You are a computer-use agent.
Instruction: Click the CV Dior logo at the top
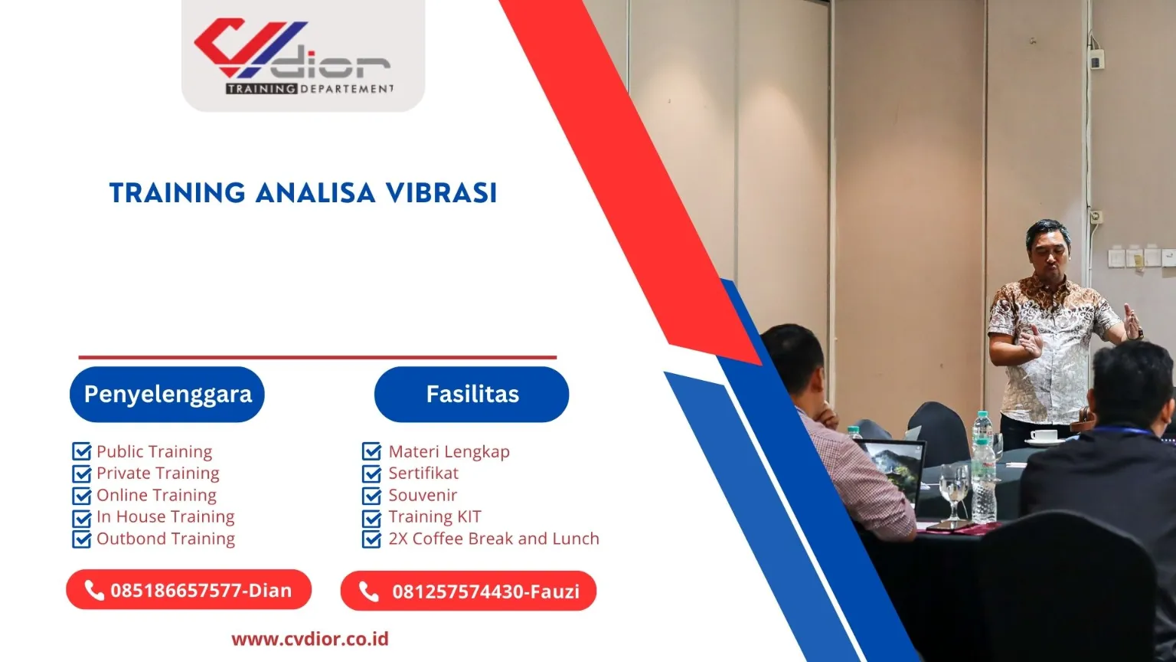[x=302, y=55]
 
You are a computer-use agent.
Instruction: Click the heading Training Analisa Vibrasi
[x=303, y=192]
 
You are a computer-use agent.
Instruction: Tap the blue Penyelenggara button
[x=167, y=395]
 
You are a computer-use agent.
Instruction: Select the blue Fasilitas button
[x=472, y=395]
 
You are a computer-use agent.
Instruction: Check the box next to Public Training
[x=81, y=451]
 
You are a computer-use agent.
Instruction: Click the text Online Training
[x=156, y=495]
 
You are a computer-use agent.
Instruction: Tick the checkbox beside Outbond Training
[x=81, y=539]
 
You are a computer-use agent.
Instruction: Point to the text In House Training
[x=165, y=517]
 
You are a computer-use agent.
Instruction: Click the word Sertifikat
[x=423, y=474]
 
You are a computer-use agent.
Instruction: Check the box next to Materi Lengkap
[x=371, y=451]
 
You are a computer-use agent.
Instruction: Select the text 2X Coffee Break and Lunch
[x=493, y=539]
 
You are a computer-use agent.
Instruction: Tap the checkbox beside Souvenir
[x=371, y=496]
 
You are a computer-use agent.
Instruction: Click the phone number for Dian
[x=201, y=591]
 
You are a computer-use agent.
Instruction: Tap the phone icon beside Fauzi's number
[x=369, y=592]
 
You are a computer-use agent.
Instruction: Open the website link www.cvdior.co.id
[x=310, y=639]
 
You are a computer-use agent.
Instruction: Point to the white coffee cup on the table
[x=1043, y=436]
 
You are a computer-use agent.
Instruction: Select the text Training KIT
[x=434, y=517]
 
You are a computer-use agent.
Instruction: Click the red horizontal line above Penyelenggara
[x=317, y=357]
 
